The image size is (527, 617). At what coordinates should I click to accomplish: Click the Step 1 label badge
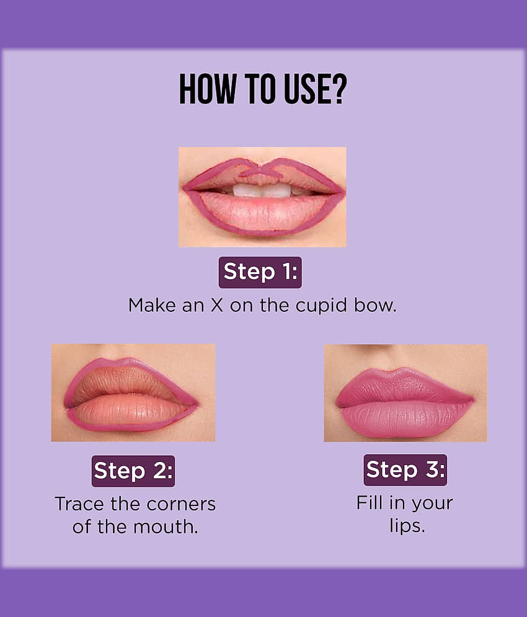tap(260, 272)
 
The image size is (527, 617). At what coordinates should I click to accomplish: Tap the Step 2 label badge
tap(133, 471)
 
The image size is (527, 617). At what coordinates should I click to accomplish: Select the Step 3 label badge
tap(405, 470)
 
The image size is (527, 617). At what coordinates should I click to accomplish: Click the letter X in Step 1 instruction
tap(217, 305)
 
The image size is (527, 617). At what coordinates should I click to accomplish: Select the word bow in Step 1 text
tap(374, 305)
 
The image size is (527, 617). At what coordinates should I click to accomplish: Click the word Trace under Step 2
tap(81, 504)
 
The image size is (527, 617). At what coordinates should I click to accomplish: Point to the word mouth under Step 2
tap(166, 527)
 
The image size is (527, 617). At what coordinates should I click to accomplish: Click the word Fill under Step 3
tap(370, 502)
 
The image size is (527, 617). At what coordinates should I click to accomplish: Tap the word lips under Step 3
tap(407, 526)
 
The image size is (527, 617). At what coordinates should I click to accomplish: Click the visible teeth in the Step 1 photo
tap(262, 191)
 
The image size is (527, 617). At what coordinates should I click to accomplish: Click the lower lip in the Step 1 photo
tap(263, 215)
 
